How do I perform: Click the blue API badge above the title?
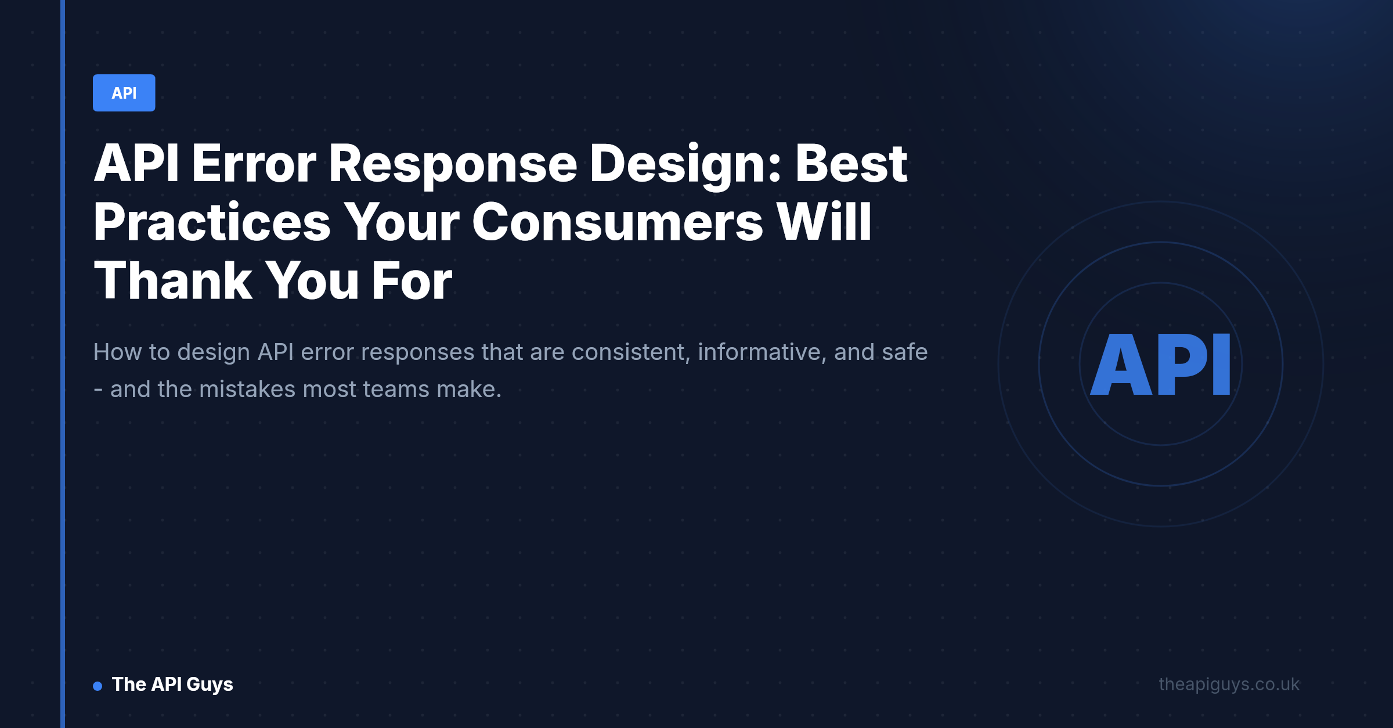[124, 93]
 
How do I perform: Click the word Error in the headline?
[254, 164]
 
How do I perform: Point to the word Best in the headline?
[851, 164]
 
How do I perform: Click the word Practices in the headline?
[212, 222]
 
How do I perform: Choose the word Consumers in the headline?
[618, 222]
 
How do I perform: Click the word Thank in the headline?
[172, 280]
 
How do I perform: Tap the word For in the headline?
[412, 281]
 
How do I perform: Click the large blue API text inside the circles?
[1160, 365]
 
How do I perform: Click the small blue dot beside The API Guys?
[98, 686]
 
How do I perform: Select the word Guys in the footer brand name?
[210, 685]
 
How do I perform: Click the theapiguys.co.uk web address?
[1229, 684]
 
